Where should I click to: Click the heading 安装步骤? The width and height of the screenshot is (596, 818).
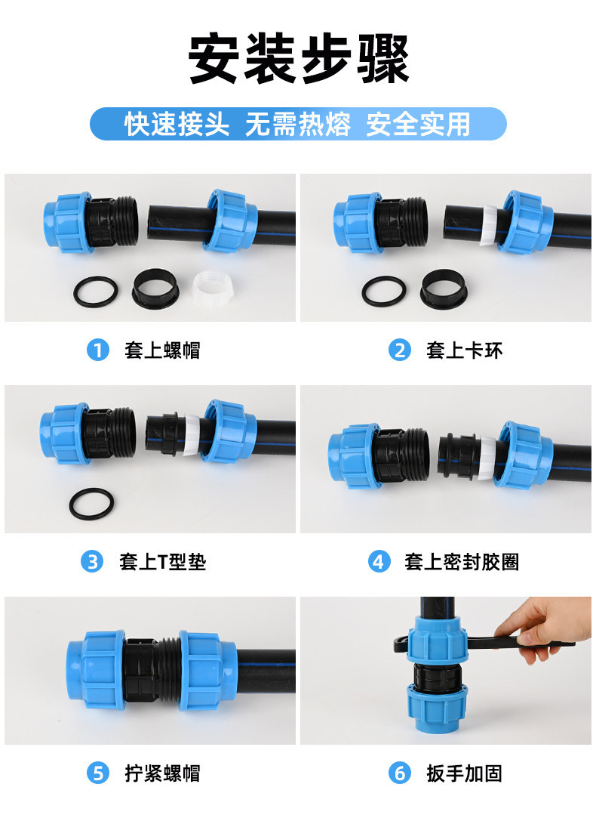[298, 58]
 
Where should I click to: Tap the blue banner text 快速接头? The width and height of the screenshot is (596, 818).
[177, 124]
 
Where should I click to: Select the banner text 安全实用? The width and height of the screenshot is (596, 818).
[419, 124]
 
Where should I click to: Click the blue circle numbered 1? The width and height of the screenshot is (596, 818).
[98, 350]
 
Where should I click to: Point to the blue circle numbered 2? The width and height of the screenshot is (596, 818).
[400, 350]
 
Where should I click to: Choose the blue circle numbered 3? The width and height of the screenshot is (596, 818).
[92, 562]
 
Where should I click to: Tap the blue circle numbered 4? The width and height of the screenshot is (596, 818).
[379, 562]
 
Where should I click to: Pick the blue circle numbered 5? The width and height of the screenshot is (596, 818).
[98, 773]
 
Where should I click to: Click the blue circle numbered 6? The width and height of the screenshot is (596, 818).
[400, 773]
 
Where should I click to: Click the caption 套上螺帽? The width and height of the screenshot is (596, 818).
[162, 350]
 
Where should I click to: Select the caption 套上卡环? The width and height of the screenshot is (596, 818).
[464, 350]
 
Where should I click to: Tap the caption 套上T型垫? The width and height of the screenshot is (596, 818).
[162, 562]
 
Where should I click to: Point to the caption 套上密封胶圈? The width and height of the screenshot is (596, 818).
[462, 562]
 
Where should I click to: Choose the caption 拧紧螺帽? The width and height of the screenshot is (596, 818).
[162, 773]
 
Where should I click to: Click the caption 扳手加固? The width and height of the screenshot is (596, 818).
[464, 773]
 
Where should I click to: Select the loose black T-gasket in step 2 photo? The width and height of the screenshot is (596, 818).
[444, 289]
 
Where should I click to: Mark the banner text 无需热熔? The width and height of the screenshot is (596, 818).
[298, 124]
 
